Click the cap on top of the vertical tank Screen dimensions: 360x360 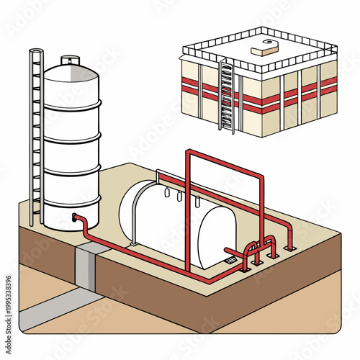[x=70, y=60]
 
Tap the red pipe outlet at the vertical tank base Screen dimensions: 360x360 [x=77, y=217]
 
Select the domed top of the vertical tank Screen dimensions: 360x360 [x=70, y=73]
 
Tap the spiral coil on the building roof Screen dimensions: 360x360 [x=269, y=42]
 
